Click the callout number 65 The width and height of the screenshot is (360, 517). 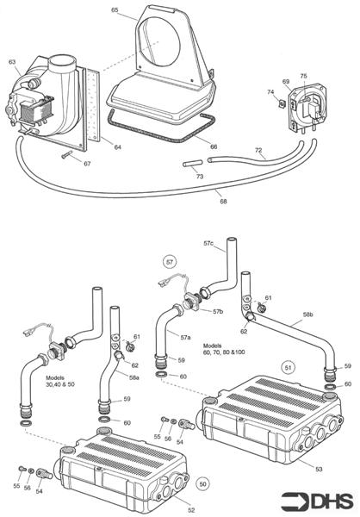coord(115,9)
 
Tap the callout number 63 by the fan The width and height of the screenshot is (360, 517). coord(12,61)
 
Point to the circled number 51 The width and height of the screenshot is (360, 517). coord(289,366)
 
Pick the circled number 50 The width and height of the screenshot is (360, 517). coord(203,483)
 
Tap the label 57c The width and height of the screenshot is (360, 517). coord(208,244)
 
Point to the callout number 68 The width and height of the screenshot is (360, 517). coord(223,202)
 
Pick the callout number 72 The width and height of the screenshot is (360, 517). coord(258,150)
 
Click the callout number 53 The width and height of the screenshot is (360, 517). coord(319,468)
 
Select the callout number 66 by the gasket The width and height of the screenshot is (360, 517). coord(213,146)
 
